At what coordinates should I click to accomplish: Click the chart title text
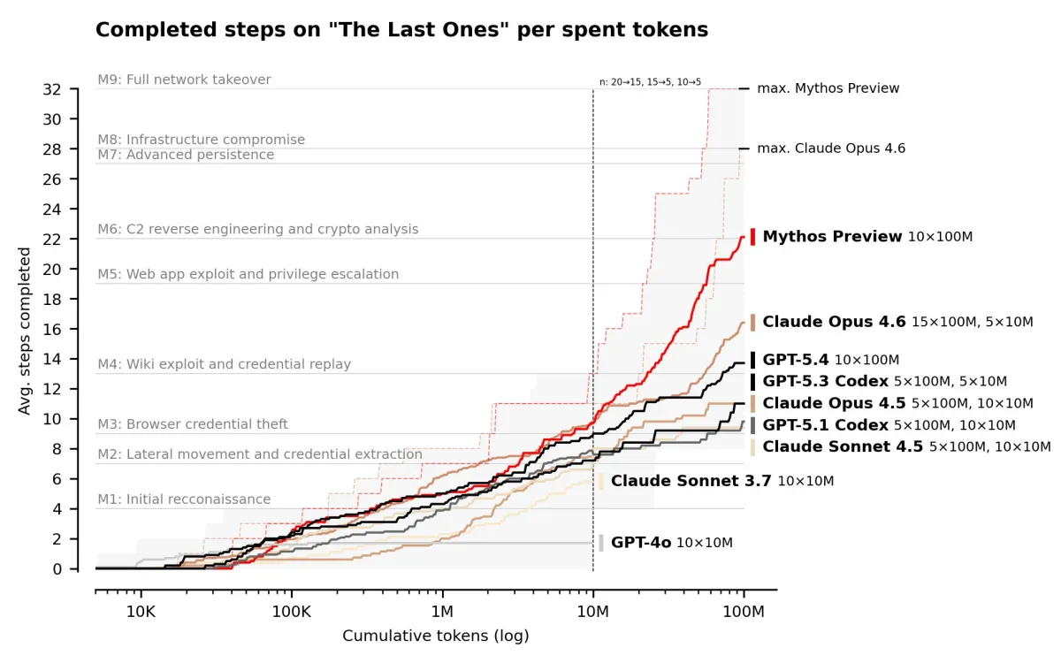tap(401, 30)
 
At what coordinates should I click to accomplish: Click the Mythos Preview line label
tap(832, 237)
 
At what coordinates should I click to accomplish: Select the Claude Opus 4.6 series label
tap(834, 322)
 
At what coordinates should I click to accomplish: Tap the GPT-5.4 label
tap(796, 360)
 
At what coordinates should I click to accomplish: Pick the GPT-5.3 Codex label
tap(825, 381)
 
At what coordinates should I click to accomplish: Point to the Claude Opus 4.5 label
tap(834, 403)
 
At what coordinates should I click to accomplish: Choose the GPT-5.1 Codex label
tap(825, 425)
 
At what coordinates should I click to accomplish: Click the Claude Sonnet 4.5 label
tap(843, 446)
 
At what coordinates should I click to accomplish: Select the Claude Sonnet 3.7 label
tap(691, 481)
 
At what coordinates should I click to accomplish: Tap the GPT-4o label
tap(641, 543)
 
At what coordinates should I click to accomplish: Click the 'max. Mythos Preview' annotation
tap(828, 88)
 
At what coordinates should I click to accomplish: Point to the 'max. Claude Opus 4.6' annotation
tap(831, 149)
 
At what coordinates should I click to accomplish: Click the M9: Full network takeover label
tap(184, 80)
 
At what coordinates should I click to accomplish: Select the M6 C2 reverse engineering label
tap(258, 229)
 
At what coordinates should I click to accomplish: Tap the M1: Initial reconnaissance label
tap(184, 499)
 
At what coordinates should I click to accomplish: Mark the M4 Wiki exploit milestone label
tap(224, 364)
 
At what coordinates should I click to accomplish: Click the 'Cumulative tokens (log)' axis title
tap(435, 636)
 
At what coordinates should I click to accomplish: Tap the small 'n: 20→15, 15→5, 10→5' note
tap(650, 82)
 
